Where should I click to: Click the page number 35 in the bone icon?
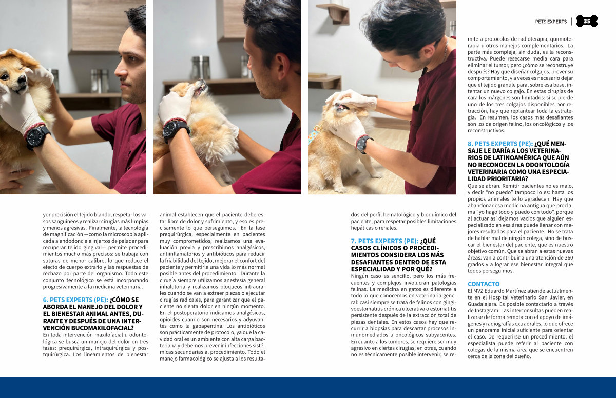587,21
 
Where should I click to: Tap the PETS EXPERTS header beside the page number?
551,22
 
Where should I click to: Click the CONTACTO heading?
484,284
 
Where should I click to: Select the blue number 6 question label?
75,300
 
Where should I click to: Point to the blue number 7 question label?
384,241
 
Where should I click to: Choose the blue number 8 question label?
500,144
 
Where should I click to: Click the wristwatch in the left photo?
37,137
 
